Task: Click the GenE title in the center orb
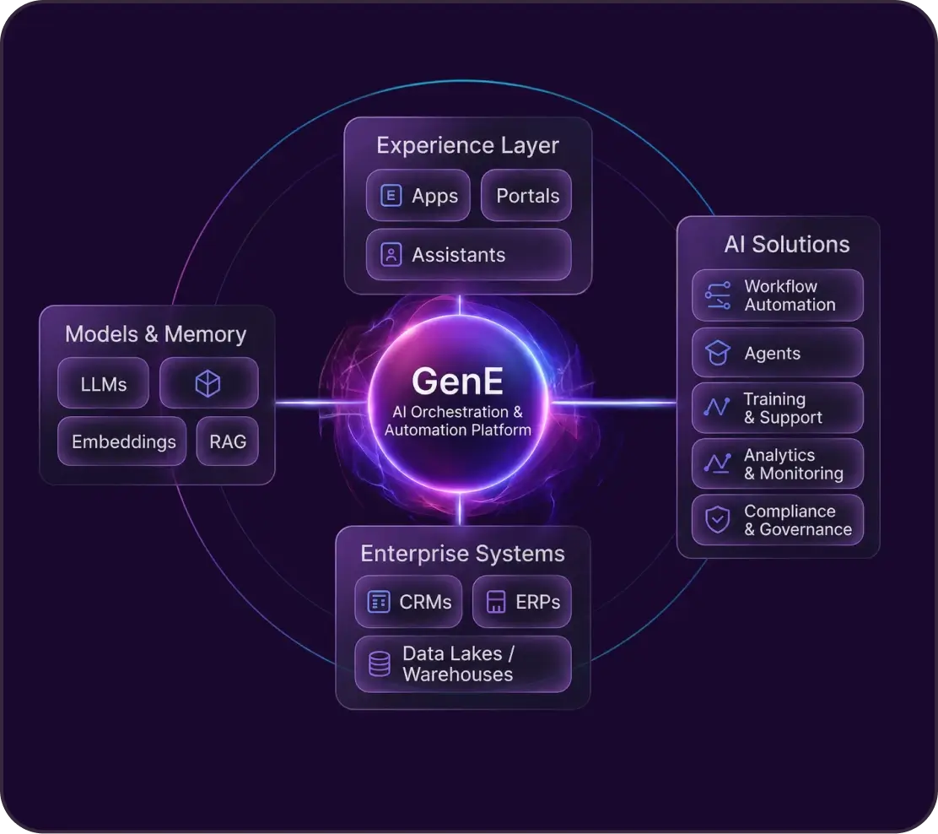[458, 382]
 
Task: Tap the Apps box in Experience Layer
[418, 195]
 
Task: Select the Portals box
[526, 195]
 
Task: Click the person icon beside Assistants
[391, 254]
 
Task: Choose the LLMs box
[103, 383]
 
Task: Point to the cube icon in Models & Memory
[208, 383]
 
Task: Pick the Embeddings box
[122, 441]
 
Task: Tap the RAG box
[227, 441]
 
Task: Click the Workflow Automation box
[778, 295]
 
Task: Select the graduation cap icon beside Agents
[718, 353]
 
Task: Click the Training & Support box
[778, 408]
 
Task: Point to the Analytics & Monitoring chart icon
[717, 463]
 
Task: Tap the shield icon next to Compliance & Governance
[717, 520]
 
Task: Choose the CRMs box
[408, 602]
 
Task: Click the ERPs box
[522, 602]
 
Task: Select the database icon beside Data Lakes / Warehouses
[380, 663]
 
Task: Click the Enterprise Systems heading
[462, 554]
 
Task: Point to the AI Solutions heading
[787, 244]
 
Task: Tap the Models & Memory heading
[155, 334]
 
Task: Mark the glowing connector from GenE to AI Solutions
[613, 403]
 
